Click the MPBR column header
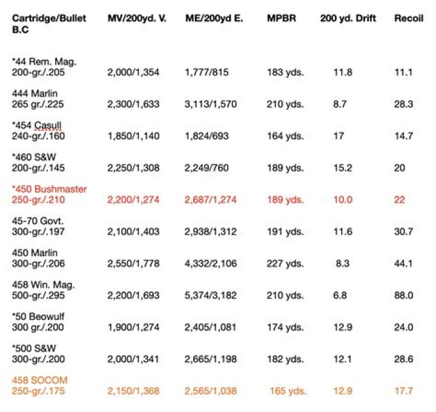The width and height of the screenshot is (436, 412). [282, 18]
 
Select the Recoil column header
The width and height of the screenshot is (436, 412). [409, 18]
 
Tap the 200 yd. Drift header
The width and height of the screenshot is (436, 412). [348, 19]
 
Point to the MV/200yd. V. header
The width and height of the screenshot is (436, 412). [137, 19]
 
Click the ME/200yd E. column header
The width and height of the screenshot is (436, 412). [214, 19]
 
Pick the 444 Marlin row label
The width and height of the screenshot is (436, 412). [35, 93]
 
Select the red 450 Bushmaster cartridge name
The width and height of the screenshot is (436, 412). [49, 189]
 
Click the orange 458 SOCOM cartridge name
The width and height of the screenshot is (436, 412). [39, 380]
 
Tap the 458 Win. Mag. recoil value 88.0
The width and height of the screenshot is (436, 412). [403, 295]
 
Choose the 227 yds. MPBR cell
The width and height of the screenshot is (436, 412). [285, 263]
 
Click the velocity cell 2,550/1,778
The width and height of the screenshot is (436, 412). [133, 263]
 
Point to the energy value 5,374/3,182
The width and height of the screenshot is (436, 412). [211, 295]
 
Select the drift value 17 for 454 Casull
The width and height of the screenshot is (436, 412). [339, 136]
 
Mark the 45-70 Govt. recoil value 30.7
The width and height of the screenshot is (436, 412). [403, 232]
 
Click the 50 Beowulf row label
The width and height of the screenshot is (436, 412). [38, 317]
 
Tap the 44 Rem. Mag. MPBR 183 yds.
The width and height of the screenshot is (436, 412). [285, 72]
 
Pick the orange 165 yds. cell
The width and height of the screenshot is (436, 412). [288, 391]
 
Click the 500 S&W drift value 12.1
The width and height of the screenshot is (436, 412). [343, 359]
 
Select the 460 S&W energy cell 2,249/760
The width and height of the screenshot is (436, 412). [206, 168]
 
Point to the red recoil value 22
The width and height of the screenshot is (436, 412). [399, 200]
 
